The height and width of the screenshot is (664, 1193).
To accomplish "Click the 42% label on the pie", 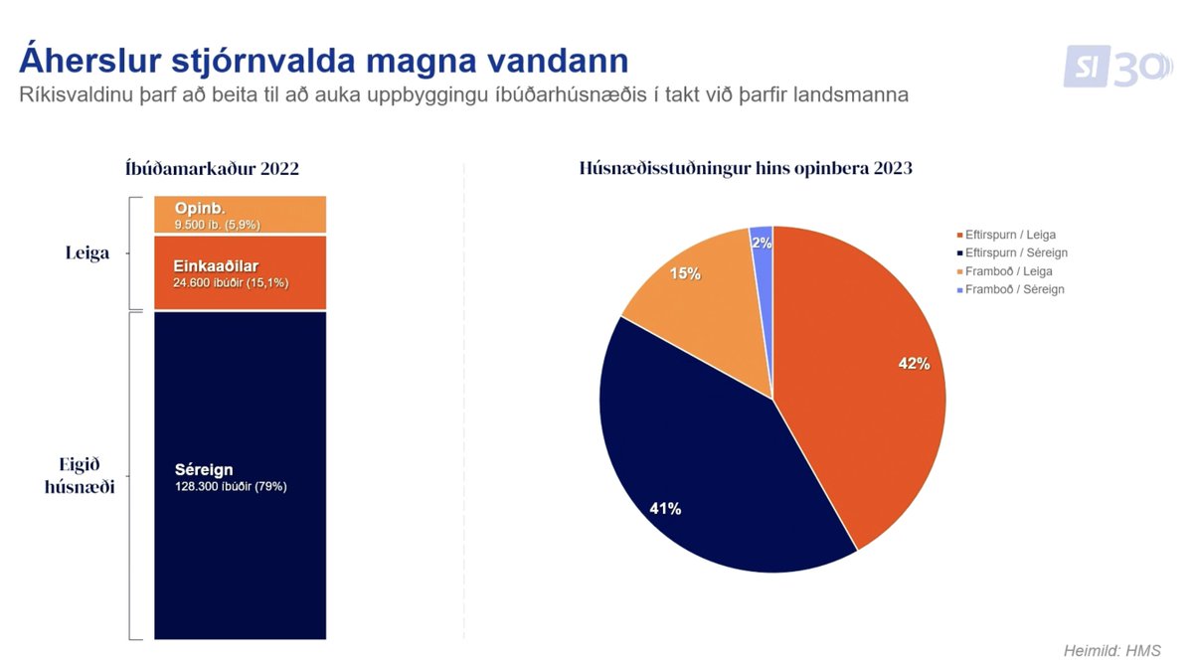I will (x=913, y=364).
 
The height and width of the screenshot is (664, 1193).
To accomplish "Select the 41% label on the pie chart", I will (x=664, y=509).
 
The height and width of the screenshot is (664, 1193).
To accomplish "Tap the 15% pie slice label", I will (x=684, y=272).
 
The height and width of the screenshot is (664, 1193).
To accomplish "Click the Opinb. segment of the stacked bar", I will (x=240, y=215).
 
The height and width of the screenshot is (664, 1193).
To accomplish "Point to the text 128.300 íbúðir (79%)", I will (x=230, y=487).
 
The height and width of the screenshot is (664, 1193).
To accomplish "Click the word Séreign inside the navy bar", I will (x=203, y=470).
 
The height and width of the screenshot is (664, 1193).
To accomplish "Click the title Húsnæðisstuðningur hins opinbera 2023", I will (x=746, y=169).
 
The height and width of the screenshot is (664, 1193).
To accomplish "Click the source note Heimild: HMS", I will (x=1111, y=650).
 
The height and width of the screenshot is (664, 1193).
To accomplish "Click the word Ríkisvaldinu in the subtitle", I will (x=77, y=95).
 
